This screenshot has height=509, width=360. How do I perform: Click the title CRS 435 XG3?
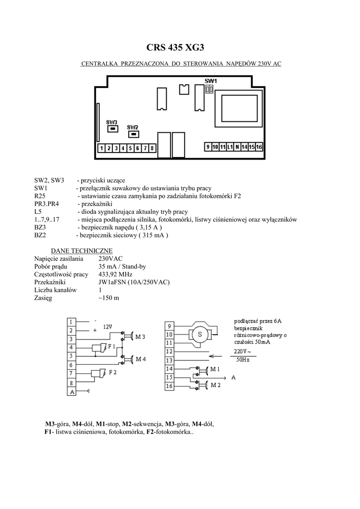[x=175, y=48]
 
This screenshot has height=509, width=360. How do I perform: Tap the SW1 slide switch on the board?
[x=210, y=90]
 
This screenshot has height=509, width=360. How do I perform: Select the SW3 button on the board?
[x=113, y=129]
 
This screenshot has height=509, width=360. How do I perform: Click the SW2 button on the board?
[x=133, y=133]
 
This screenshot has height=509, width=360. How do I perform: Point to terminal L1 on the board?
[x=230, y=147]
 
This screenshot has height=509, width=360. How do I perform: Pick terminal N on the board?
[x=237, y=147]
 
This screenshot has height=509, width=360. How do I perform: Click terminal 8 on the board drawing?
[x=152, y=148]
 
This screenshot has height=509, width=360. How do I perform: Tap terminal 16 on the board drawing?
[x=259, y=147]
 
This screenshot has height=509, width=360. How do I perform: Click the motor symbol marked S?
[x=200, y=334]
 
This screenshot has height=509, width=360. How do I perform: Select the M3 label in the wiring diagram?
[x=140, y=337]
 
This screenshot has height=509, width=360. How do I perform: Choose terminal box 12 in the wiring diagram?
[x=169, y=351]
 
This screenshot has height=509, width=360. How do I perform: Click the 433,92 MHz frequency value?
[x=116, y=274]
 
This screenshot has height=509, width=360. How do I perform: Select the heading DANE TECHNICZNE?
[x=82, y=250]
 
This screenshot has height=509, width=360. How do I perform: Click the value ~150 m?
[x=109, y=298]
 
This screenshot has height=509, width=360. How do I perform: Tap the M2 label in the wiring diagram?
[x=215, y=385]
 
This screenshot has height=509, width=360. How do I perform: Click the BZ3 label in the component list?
[x=40, y=227]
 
